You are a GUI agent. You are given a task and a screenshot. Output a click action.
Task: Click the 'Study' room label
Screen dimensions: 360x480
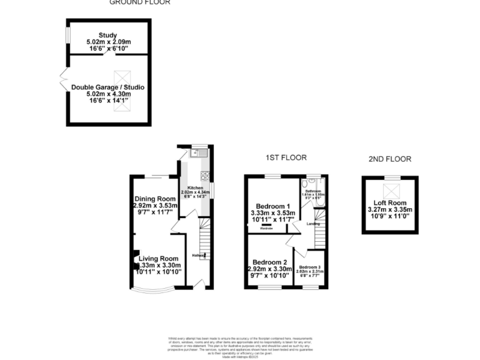pyautogui.click(x=109, y=34)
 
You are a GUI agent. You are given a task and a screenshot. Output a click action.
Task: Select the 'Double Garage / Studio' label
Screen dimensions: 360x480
pyautogui.click(x=108, y=87)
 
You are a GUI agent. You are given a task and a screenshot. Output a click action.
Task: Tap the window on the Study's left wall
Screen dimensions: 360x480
pyautogui.click(x=67, y=34)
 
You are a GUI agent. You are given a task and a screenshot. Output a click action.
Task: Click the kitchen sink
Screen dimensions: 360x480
pyautogui.click(x=199, y=152)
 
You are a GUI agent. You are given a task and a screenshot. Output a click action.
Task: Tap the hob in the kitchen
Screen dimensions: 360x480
pyautogui.click(x=205, y=176)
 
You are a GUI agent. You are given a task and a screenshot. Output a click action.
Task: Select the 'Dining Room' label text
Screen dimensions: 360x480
pyautogui.click(x=156, y=198)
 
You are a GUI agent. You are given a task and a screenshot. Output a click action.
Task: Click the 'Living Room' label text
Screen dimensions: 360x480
pyautogui.click(x=159, y=258)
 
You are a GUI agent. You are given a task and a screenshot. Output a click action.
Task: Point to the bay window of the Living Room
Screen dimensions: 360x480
pyautogui.click(x=153, y=292)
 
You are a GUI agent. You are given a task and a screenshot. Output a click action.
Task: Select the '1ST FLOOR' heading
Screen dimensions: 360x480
pyautogui.click(x=286, y=157)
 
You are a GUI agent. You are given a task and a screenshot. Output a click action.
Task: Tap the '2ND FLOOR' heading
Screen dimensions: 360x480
pyautogui.click(x=391, y=159)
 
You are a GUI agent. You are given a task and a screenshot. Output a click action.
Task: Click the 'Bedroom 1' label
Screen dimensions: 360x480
pyautogui.click(x=273, y=206)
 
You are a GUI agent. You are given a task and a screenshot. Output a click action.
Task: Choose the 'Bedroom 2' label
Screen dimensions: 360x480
pyautogui.click(x=270, y=262)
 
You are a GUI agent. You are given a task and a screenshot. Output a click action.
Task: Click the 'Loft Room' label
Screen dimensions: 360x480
pyautogui.click(x=390, y=203)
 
